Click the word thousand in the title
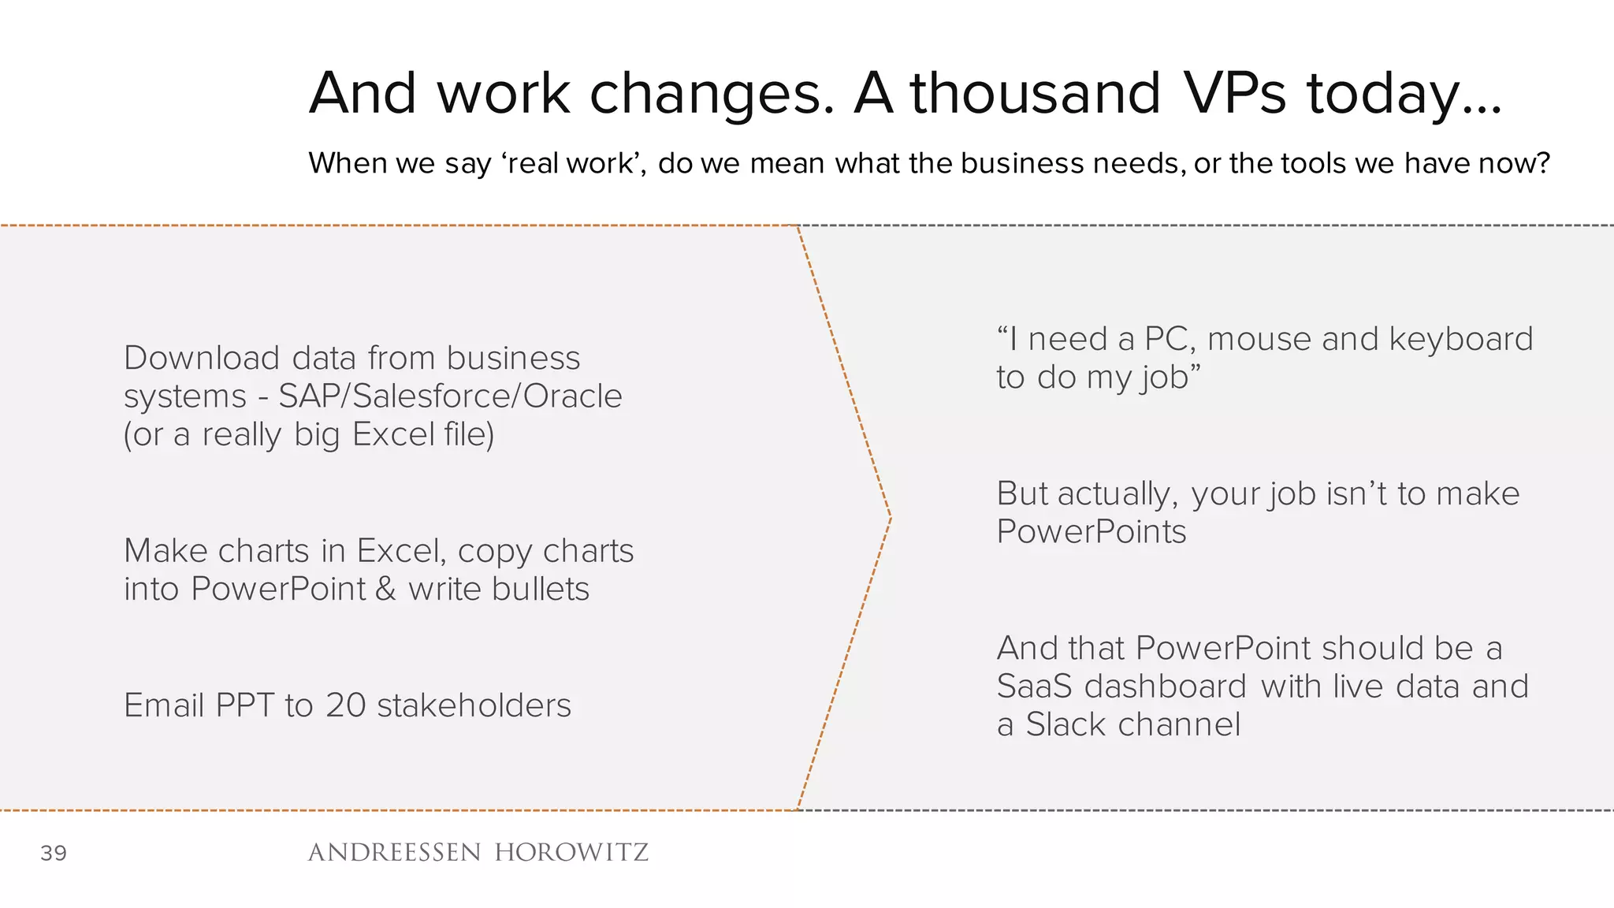tap(1036, 93)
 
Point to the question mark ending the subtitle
tap(1543, 163)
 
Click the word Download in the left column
tap(202, 358)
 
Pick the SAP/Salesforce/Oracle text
tap(450, 396)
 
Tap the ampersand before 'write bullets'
tap(385, 589)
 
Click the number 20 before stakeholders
tap(345, 705)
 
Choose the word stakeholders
tap(474, 705)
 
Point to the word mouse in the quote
tap(1259, 339)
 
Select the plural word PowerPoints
tap(1091, 531)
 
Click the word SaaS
tap(1034, 686)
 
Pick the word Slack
tap(1065, 724)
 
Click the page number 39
tap(54, 853)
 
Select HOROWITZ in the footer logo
tap(571, 852)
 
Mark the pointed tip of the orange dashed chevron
tap(891, 517)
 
